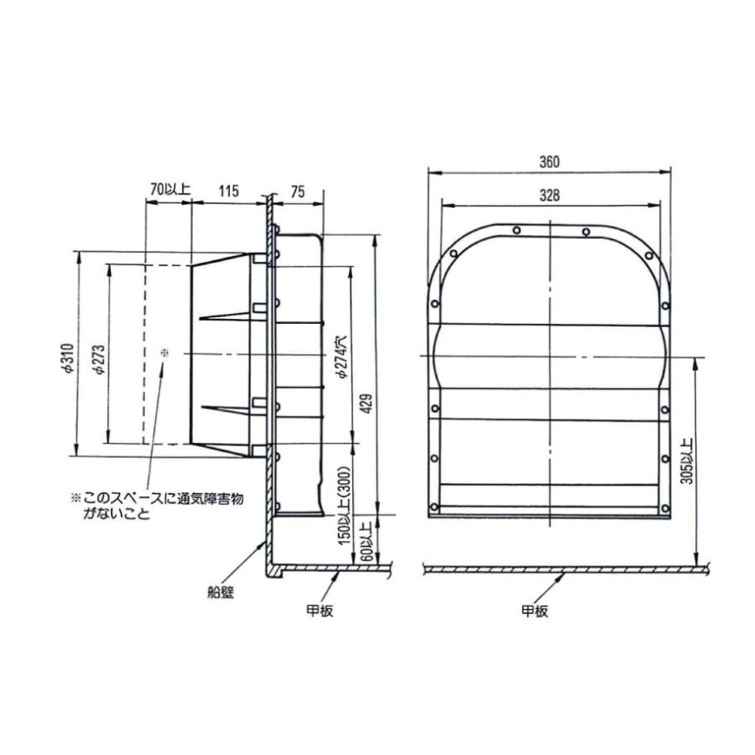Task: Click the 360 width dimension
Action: tap(549, 161)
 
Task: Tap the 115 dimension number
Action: tap(227, 191)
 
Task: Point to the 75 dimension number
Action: tap(297, 191)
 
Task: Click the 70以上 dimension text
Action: tap(169, 191)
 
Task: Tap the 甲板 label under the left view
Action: tap(320, 612)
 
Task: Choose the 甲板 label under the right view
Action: tap(534, 612)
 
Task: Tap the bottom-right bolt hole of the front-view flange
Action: tap(664, 506)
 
